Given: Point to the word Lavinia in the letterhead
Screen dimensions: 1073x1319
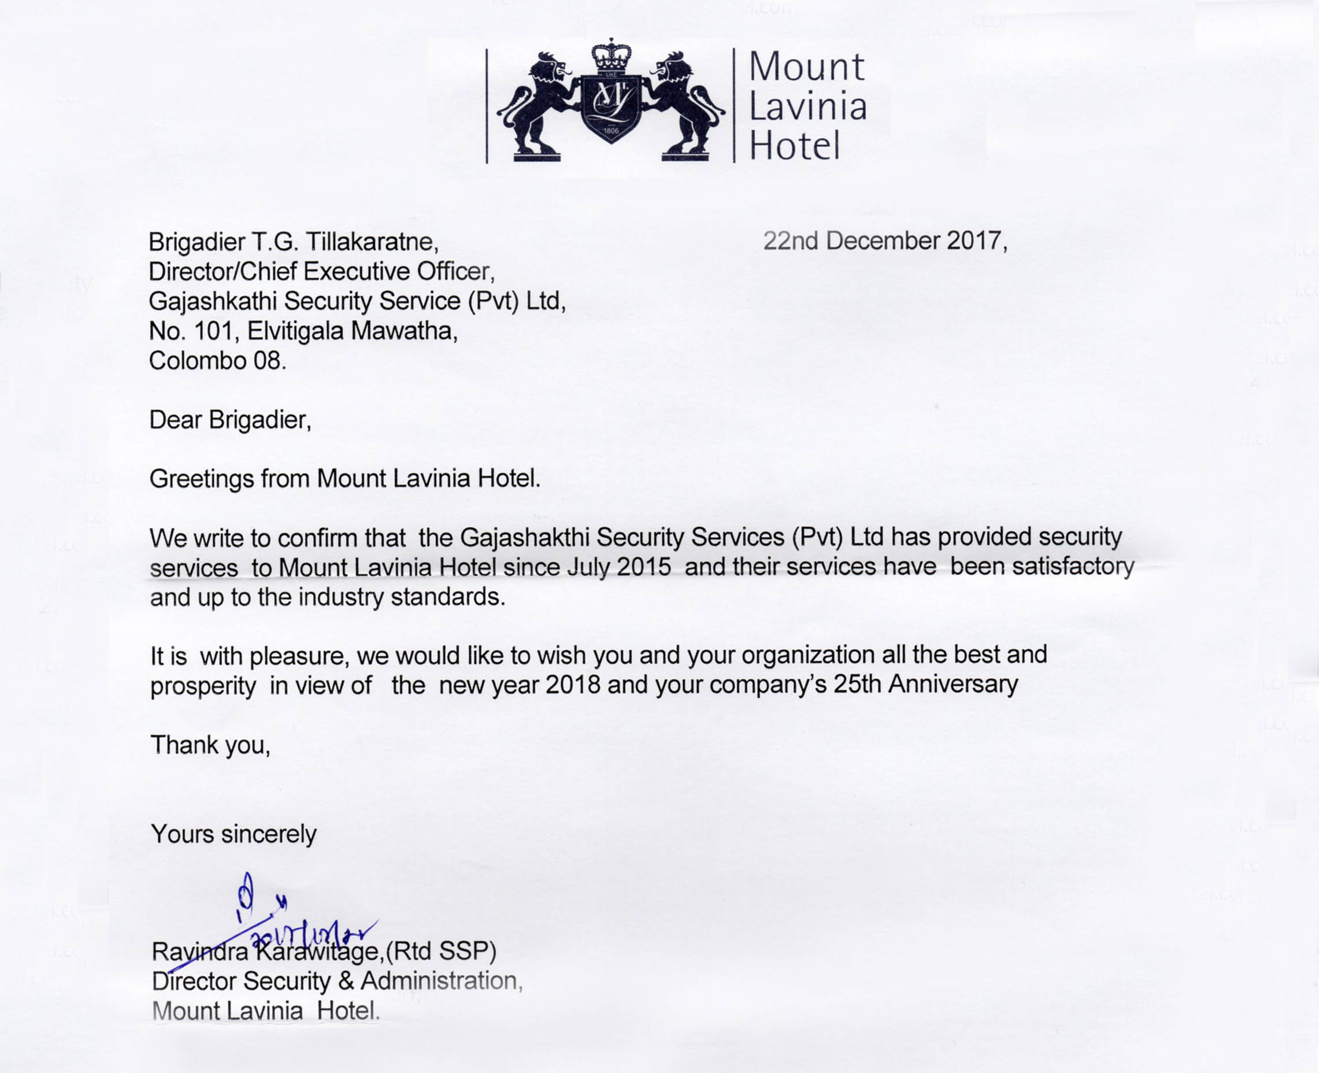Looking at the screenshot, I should (807, 107).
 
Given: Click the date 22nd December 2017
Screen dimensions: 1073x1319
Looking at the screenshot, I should (885, 241).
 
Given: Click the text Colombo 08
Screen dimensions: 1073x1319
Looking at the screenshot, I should (217, 360).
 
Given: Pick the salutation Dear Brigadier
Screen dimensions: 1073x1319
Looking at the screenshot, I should (230, 420).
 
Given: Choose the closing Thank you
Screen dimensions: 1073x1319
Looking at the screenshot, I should (210, 745).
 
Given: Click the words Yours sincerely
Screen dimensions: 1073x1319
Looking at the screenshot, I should (234, 834).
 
